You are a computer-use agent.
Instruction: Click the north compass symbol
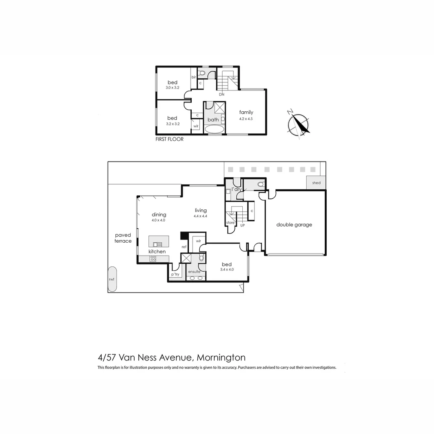[299, 124]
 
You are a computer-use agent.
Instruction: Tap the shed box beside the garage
[316, 183]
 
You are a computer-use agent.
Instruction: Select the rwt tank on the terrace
[112, 279]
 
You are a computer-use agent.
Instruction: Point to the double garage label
[294, 225]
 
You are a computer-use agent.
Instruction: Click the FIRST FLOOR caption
[169, 139]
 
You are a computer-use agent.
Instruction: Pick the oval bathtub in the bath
[214, 129]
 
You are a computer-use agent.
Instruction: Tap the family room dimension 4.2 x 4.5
[246, 119]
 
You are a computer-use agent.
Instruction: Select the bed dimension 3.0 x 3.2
[172, 87]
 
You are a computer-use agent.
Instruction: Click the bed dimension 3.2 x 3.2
[172, 124]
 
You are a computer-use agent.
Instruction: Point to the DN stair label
[221, 94]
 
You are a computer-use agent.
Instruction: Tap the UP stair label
[242, 225]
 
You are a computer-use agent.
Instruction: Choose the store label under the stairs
[230, 222]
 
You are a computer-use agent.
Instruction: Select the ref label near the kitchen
[184, 247]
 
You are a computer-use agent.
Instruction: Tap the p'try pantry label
[175, 274]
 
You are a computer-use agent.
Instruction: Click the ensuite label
[194, 272]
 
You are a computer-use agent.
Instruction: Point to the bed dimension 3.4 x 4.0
[227, 270]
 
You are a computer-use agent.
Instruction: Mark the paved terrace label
[123, 238]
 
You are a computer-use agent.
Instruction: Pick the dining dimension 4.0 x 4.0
[158, 220]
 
